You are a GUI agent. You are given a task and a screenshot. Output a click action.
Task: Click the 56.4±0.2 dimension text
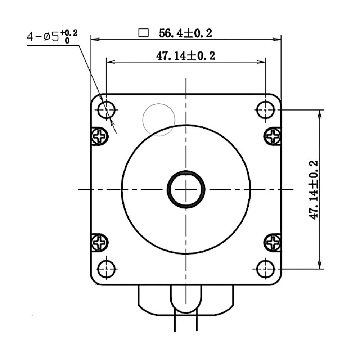(x=185, y=33)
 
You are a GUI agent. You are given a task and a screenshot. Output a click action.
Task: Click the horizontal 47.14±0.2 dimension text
(x=185, y=56)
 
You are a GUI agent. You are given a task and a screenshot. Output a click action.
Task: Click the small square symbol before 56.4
(x=144, y=33)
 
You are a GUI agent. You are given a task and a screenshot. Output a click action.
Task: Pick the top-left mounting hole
(x=107, y=109)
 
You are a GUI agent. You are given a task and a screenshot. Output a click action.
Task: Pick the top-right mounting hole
(x=266, y=109)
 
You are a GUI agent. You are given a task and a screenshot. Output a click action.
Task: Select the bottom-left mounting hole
(x=107, y=269)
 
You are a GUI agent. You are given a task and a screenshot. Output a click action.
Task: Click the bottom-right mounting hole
(x=266, y=269)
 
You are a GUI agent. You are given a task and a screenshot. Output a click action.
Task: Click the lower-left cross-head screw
(x=100, y=242)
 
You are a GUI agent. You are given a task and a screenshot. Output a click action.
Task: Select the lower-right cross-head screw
(x=273, y=242)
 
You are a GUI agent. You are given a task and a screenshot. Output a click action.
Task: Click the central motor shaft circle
(x=186, y=189)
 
